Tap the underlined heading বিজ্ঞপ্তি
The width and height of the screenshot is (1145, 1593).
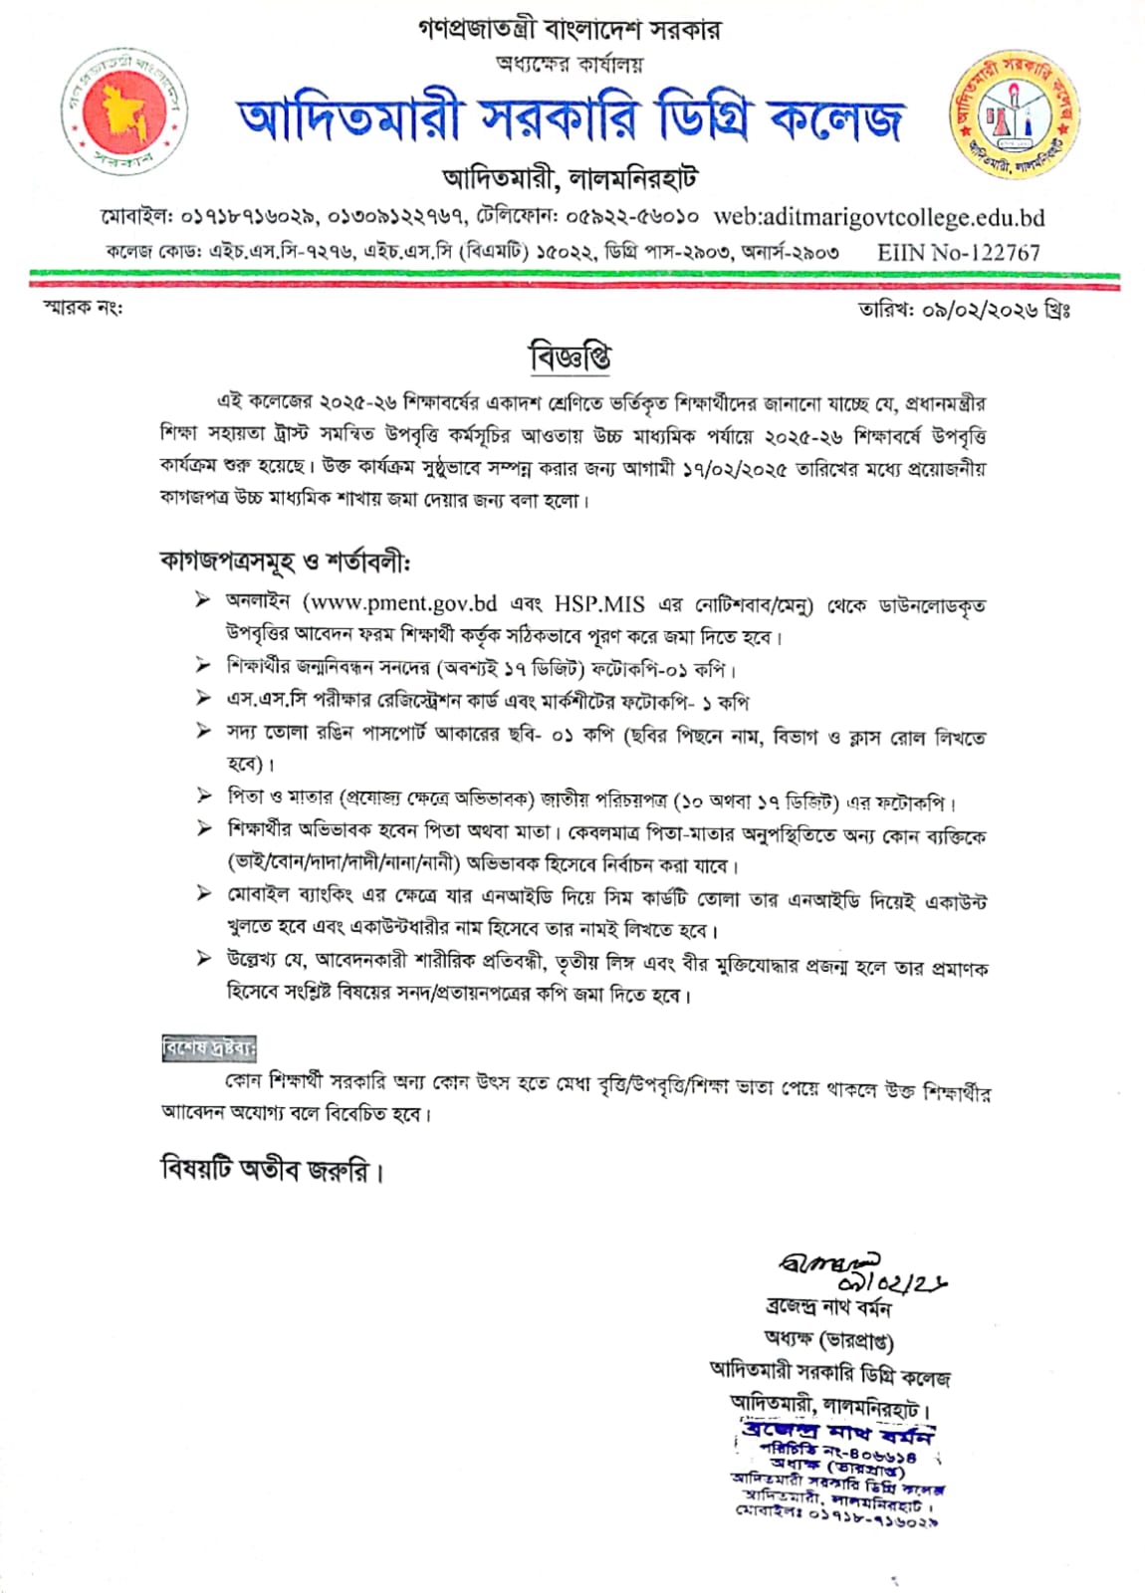570,356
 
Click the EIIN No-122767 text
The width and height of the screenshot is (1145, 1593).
958,253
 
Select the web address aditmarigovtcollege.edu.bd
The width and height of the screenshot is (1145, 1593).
879,217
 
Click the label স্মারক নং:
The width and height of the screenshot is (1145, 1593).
84,308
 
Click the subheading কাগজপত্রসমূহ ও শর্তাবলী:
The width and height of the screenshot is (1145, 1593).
285,562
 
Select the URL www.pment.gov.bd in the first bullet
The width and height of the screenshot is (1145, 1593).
399,603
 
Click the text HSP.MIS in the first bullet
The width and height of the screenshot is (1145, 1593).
599,603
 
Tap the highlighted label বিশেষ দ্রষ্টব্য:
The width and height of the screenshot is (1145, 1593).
209,1048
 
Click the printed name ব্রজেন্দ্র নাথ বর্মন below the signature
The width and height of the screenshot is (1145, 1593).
828,1307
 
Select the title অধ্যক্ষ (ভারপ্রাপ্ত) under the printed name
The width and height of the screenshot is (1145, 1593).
828,1340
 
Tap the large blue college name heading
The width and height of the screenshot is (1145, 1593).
570,119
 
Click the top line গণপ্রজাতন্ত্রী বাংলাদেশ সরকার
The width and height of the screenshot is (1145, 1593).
570,30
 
